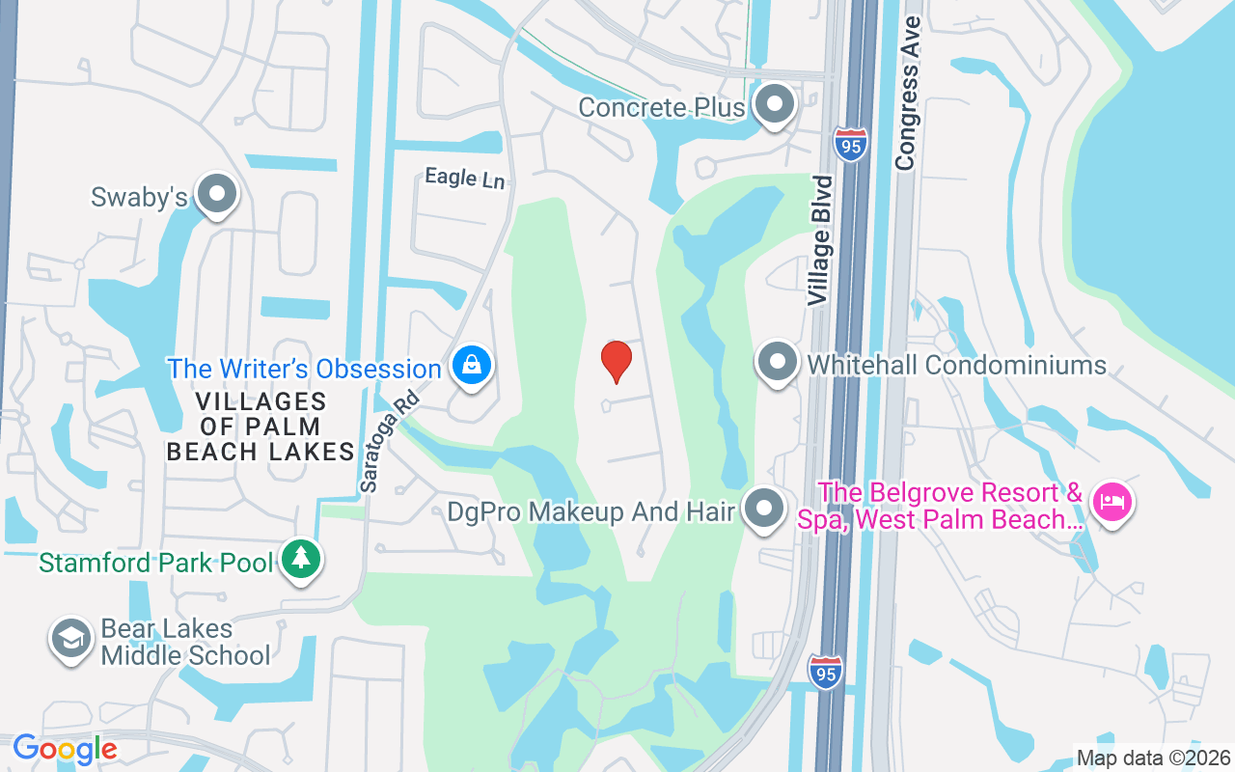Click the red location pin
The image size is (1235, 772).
pos(616,361)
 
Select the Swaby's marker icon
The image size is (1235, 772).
pos(216,194)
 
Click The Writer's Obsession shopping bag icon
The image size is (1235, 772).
pos(471,366)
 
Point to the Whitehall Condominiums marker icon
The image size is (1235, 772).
pos(777,363)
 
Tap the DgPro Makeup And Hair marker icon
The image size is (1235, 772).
pos(765,508)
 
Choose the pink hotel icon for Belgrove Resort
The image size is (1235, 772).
pos(1112,502)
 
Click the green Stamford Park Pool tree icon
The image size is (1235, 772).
pos(301,559)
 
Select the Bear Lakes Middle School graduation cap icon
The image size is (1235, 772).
pos(70,639)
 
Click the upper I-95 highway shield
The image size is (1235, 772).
pos(851,145)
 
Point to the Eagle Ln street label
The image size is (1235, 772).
pos(465,178)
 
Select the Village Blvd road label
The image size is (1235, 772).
pos(821,240)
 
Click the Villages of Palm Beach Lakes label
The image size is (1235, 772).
pos(261,427)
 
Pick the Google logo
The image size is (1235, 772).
pos(66,749)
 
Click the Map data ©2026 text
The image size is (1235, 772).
pos(1153,758)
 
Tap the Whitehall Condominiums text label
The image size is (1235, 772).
pos(956,365)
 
